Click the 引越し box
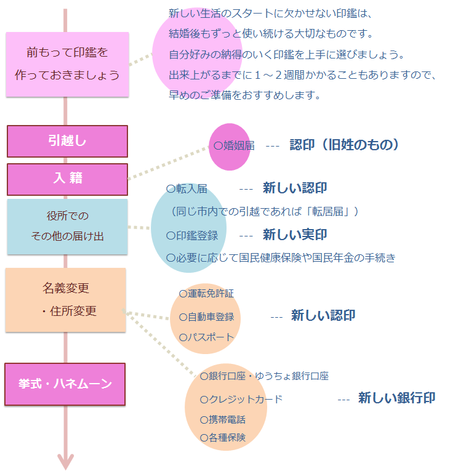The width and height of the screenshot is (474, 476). pyautogui.click(x=67, y=141)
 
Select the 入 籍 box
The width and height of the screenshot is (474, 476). pyautogui.click(x=67, y=179)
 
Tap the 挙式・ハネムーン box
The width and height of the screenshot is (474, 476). pyautogui.click(x=65, y=384)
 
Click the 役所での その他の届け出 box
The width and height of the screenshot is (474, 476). pyautogui.click(x=67, y=227)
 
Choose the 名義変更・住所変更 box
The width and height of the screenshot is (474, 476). pyautogui.click(x=65, y=300)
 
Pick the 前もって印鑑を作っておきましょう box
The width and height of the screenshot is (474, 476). pyautogui.click(x=67, y=65)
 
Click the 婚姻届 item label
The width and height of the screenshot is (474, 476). pyautogui.click(x=234, y=146)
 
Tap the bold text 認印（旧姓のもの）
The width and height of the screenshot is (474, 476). pyautogui.click(x=344, y=145)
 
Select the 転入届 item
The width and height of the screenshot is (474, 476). pyautogui.click(x=187, y=189)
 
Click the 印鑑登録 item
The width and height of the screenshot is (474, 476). pyautogui.click(x=192, y=236)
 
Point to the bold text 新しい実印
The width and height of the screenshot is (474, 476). pyautogui.click(x=295, y=235)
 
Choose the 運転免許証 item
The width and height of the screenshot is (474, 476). pyautogui.click(x=206, y=294)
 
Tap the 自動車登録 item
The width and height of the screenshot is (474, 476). pyautogui.click(x=206, y=317)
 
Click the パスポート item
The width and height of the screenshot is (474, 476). pyautogui.click(x=206, y=337)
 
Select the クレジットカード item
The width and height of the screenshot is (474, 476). pyautogui.click(x=241, y=399)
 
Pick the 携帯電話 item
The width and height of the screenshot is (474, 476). pyautogui.click(x=223, y=420)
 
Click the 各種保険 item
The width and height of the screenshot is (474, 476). pyautogui.click(x=223, y=437)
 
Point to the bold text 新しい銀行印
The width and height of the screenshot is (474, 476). pyautogui.click(x=396, y=398)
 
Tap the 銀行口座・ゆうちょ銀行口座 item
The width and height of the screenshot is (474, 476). pyautogui.click(x=264, y=376)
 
